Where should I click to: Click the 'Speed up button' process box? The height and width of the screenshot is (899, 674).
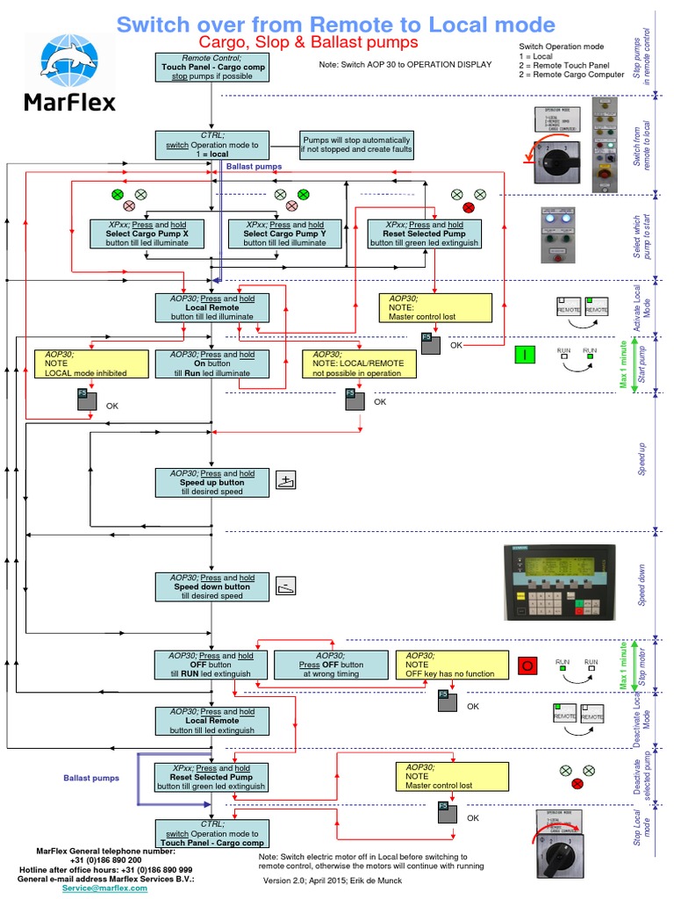pos(212,483)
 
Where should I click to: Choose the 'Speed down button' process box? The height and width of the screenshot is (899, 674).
pos(212,586)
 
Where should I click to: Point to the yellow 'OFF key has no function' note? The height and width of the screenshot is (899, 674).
pos(451,665)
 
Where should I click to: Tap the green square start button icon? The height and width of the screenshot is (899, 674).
pos(525,355)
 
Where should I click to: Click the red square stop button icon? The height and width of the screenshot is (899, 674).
pos(527,665)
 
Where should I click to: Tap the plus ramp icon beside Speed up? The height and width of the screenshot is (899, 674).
pos(287,479)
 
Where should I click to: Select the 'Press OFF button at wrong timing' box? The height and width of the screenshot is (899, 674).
pos(332,665)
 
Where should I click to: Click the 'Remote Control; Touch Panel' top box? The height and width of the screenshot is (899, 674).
pos(212,67)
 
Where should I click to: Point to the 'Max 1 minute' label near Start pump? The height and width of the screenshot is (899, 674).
pos(624,363)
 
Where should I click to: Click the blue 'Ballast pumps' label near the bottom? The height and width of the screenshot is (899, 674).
pos(90,778)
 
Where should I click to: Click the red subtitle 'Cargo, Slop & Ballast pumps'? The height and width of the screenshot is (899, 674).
pos(307,42)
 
